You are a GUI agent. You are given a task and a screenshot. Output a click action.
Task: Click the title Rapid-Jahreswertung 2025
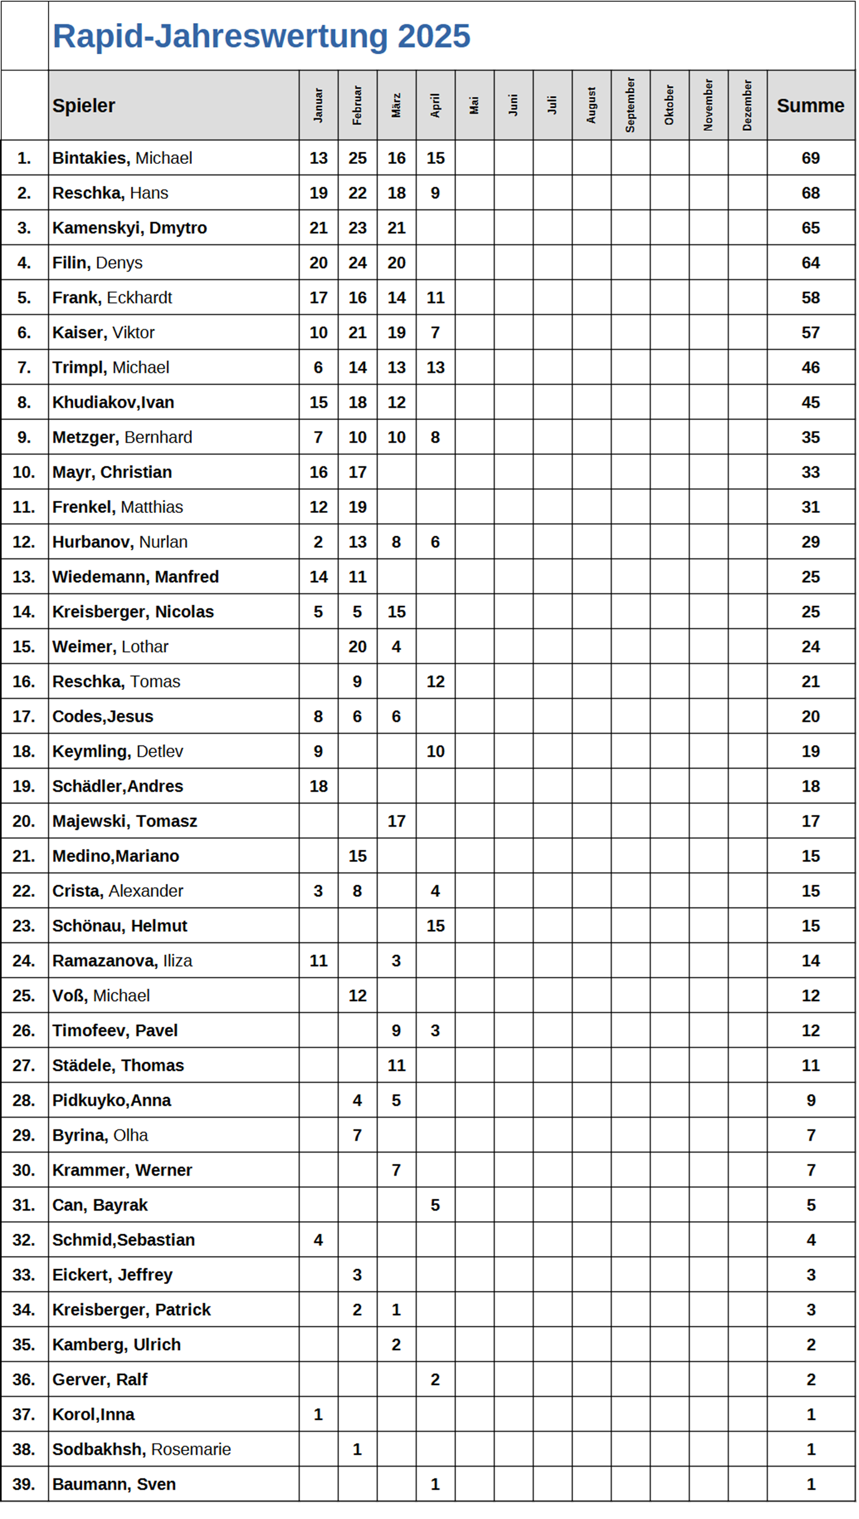pyautogui.click(x=261, y=36)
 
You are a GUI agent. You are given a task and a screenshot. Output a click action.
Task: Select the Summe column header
pyautogui.click(x=810, y=105)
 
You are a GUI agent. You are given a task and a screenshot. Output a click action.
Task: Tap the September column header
pyautogui.click(x=630, y=105)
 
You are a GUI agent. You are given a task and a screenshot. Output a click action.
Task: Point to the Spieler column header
pyautogui.click(x=84, y=105)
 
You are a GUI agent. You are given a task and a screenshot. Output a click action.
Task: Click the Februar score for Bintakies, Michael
pyautogui.click(x=357, y=158)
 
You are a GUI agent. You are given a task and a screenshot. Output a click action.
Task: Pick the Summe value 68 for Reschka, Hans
pyautogui.click(x=810, y=193)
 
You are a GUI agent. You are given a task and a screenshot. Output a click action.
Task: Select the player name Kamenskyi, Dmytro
pyautogui.click(x=130, y=228)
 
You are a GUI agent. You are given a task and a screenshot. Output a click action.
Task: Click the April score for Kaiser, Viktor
pyautogui.click(x=435, y=333)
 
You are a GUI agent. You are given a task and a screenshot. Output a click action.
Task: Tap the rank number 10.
pyautogui.click(x=24, y=472)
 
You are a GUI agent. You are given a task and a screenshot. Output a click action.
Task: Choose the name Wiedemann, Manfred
pyautogui.click(x=136, y=577)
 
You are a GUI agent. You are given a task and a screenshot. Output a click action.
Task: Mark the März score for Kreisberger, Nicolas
pyautogui.click(x=396, y=612)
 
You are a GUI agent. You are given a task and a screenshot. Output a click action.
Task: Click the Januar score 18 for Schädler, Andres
pyautogui.click(x=318, y=787)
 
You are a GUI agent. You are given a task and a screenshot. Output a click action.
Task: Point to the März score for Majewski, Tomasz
pyautogui.click(x=396, y=822)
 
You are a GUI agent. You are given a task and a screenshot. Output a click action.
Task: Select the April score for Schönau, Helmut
pyautogui.click(x=435, y=926)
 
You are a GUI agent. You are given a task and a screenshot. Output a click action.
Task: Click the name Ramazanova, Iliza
pyautogui.click(x=122, y=961)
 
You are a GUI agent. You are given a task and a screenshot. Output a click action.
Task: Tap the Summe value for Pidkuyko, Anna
pyautogui.click(x=810, y=1101)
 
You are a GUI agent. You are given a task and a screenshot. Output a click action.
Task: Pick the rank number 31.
pyautogui.click(x=24, y=1205)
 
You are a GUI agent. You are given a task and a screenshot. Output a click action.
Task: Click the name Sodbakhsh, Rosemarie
pyautogui.click(x=141, y=1450)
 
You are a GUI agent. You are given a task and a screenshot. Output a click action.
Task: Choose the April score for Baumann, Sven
pyautogui.click(x=435, y=1485)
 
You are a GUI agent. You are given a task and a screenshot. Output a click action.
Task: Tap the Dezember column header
pyautogui.click(x=747, y=105)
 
